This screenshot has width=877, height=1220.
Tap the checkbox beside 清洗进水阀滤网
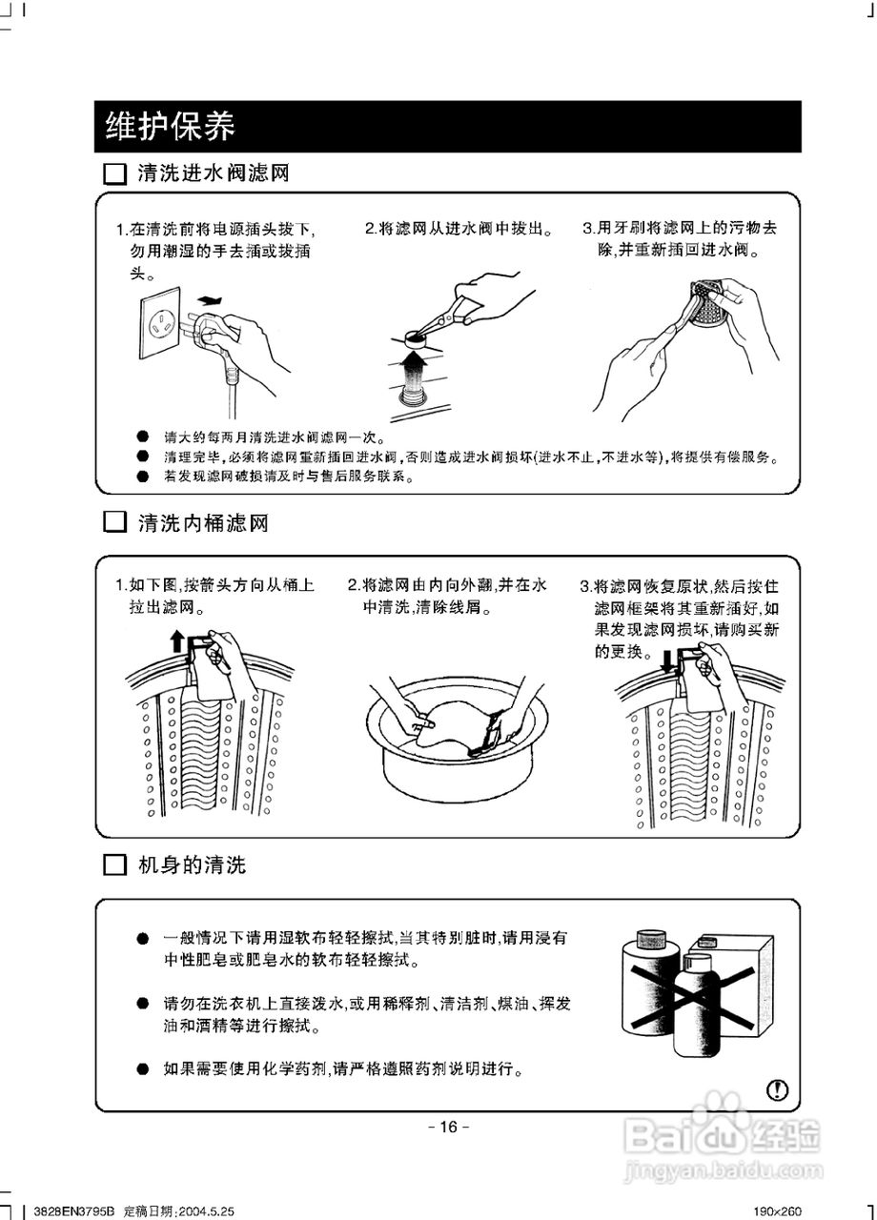click(x=114, y=174)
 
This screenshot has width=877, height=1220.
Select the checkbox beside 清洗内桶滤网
click(x=114, y=523)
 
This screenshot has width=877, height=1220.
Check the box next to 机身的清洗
click(x=114, y=865)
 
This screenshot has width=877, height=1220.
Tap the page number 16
click(x=447, y=1127)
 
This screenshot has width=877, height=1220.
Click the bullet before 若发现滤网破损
click(x=142, y=476)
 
